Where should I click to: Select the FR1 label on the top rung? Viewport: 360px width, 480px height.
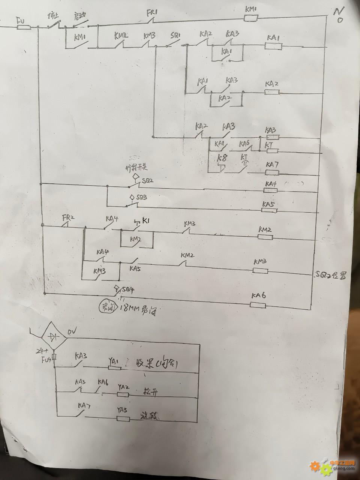(152, 13)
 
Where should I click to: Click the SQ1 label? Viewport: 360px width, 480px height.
(175, 36)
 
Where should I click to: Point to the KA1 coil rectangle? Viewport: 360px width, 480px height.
(273, 46)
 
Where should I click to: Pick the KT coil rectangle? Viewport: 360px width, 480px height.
(272, 151)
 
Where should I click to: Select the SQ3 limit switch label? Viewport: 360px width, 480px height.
(142, 197)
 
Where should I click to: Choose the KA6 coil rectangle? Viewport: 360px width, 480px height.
(258, 306)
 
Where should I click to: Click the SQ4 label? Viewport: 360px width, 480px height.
(128, 289)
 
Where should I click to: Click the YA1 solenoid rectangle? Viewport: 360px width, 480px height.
(115, 367)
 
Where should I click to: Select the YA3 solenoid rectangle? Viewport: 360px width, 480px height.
(123, 419)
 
